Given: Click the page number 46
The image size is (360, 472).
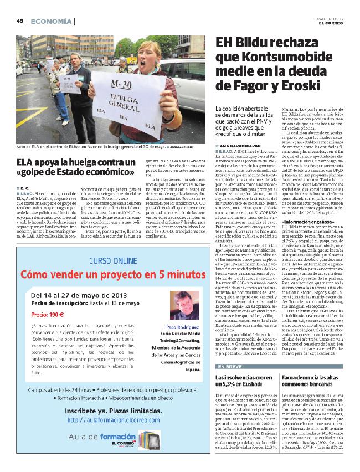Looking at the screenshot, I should point(19,21).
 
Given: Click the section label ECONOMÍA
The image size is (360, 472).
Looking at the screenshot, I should point(51,21).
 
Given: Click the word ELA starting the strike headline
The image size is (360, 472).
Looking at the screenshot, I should point(24,162).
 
